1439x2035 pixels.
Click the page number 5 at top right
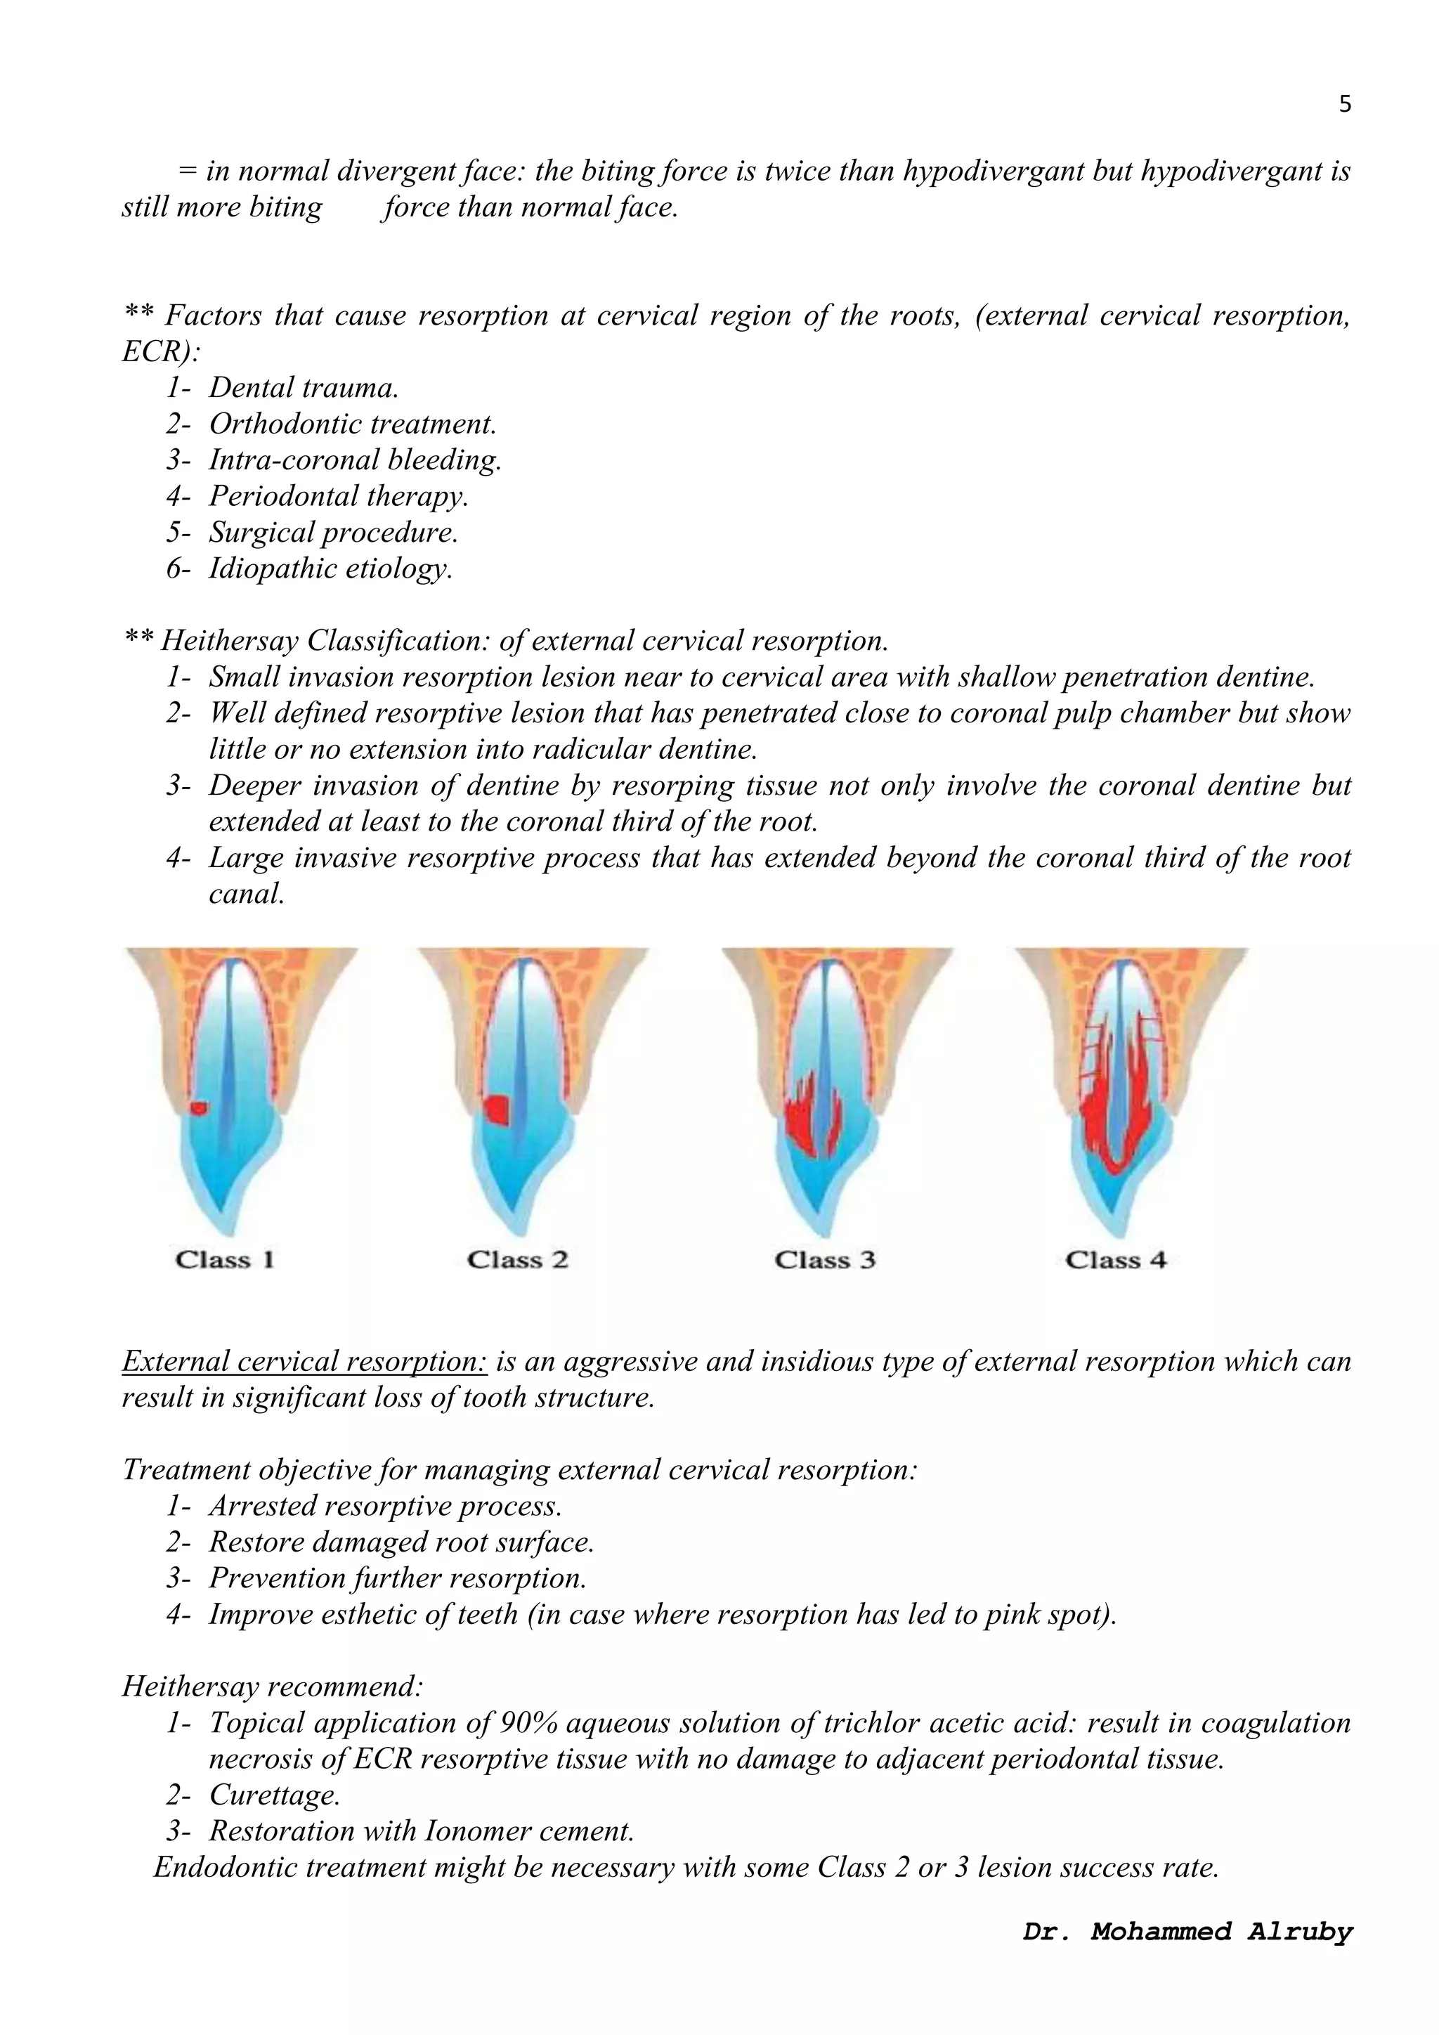pos(1344,105)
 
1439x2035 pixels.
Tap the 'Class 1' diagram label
pos(225,1259)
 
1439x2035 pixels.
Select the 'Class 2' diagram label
pos(517,1259)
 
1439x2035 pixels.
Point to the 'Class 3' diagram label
pos(824,1259)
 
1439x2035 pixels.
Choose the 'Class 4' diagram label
pos(1116,1259)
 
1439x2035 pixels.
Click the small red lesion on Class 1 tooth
pos(200,1108)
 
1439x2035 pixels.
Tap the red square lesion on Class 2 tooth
pos(498,1109)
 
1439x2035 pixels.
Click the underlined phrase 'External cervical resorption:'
pos(305,1360)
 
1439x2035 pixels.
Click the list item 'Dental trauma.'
pos(303,387)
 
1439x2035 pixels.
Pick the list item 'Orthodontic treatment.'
pos(353,424)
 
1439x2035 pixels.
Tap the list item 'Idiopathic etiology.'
pos(330,568)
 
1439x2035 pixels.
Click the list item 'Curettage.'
pos(275,1795)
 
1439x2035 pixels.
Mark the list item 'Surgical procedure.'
pos(333,532)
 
